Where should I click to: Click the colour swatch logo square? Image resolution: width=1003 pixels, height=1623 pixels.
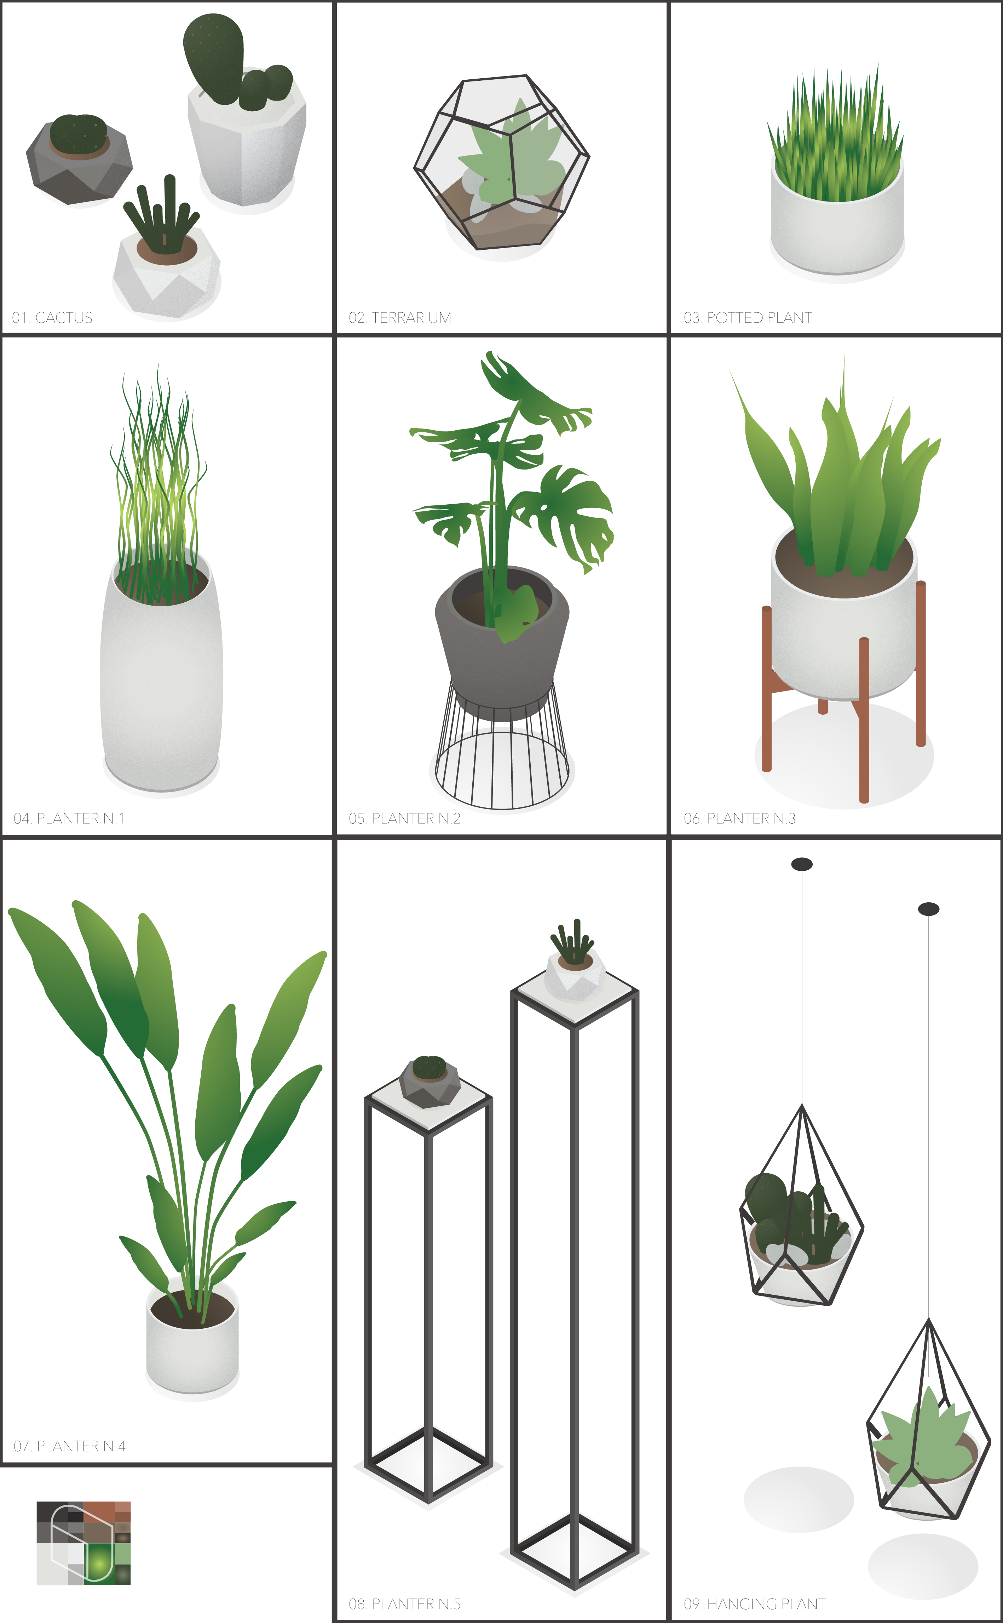click(x=83, y=1543)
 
